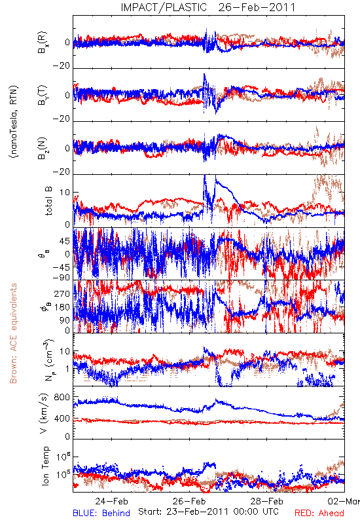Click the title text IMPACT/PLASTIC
click(x=164, y=7)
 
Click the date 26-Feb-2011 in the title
click(x=257, y=7)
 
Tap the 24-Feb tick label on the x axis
click(x=111, y=501)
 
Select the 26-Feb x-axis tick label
click(x=189, y=501)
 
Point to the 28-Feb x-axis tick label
click(x=267, y=501)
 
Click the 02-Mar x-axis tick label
click(x=344, y=501)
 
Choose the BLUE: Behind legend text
click(x=101, y=513)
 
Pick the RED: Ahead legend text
click(x=319, y=513)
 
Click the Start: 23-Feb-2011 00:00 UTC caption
click(x=208, y=512)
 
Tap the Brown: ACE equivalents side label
click(x=13, y=333)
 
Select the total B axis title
click(x=48, y=201)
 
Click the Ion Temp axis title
click(x=45, y=466)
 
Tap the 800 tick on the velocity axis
click(x=62, y=397)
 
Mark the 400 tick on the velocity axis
click(x=62, y=419)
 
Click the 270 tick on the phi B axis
click(x=62, y=293)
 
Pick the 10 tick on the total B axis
click(x=65, y=193)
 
